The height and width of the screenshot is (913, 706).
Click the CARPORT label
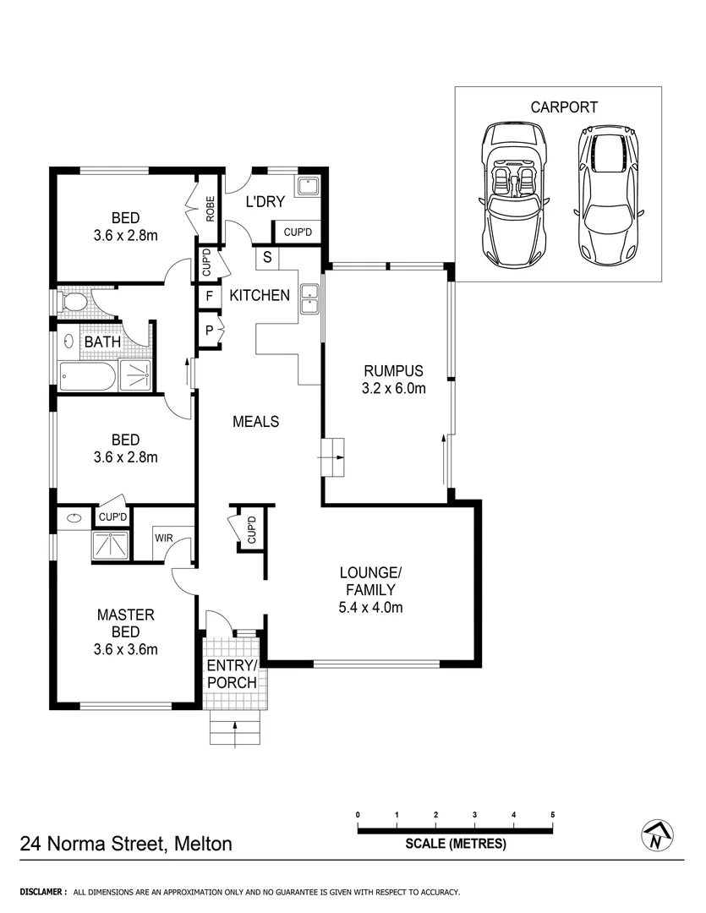(x=564, y=107)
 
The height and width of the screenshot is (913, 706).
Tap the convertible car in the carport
(x=513, y=194)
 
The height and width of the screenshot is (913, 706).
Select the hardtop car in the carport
(x=609, y=194)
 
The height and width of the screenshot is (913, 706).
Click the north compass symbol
(x=657, y=835)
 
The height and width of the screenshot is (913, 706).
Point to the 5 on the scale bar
(x=553, y=815)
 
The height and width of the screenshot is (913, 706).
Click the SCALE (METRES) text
(x=456, y=844)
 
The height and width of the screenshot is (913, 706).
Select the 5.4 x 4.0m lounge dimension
(x=371, y=607)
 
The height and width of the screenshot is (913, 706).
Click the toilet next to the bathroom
(x=77, y=303)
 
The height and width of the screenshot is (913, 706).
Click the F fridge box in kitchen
(x=209, y=297)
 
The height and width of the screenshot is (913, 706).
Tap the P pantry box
(x=209, y=330)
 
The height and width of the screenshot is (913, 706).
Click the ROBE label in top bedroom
(x=210, y=208)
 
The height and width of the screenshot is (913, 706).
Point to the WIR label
(x=164, y=536)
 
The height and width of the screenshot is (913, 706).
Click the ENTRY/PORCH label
(x=233, y=673)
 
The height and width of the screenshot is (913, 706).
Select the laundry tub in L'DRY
(x=307, y=184)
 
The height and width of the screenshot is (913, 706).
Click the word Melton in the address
(x=203, y=843)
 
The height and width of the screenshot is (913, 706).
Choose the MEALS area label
(x=255, y=421)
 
